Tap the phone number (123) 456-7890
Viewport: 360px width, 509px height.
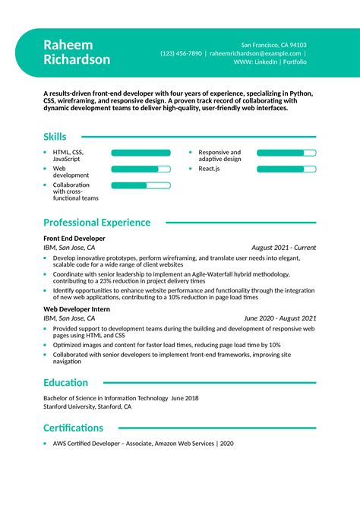pyautogui.click(x=181, y=54)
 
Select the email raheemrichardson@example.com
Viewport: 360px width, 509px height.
pyautogui.click(x=254, y=54)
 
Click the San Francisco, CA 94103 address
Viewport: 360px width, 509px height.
pyautogui.click(x=274, y=45)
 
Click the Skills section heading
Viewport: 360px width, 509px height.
pyautogui.click(x=55, y=137)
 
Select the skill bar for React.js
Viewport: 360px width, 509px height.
pyautogui.click(x=286, y=169)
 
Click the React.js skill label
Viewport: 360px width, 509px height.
pyautogui.click(x=210, y=169)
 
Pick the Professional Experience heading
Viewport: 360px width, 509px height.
pyautogui.click(x=96, y=223)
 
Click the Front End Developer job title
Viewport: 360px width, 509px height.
pyautogui.click(x=74, y=239)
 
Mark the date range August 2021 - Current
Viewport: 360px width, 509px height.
pyautogui.click(x=283, y=248)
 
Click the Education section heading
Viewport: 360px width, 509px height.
pyautogui.click(x=65, y=383)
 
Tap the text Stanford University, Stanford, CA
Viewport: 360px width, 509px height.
pyautogui.click(x=87, y=407)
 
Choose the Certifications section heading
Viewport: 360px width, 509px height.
pyautogui.click(x=73, y=428)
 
